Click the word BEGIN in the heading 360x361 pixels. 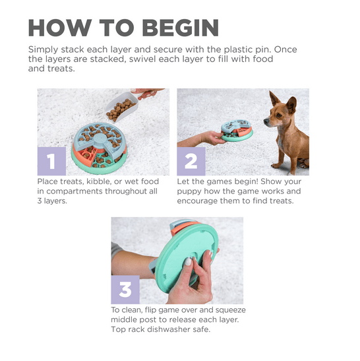pyautogui.click(x=180, y=28)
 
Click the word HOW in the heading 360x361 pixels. pyautogui.click(x=60, y=28)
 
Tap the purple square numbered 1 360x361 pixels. pyautogui.click(x=51, y=161)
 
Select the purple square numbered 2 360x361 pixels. pyautogui.click(x=191, y=161)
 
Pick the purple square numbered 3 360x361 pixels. pyautogui.click(x=125, y=290)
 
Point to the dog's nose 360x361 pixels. pyautogui.click(x=266, y=121)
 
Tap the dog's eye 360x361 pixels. pyautogui.click(x=279, y=115)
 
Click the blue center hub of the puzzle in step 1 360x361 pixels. pyautogui.click(x=100, y=139)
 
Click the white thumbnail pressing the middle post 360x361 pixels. pyautogui.click(x=188, y=261)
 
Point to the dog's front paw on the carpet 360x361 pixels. pyautogui.click(x=276, y=166)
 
